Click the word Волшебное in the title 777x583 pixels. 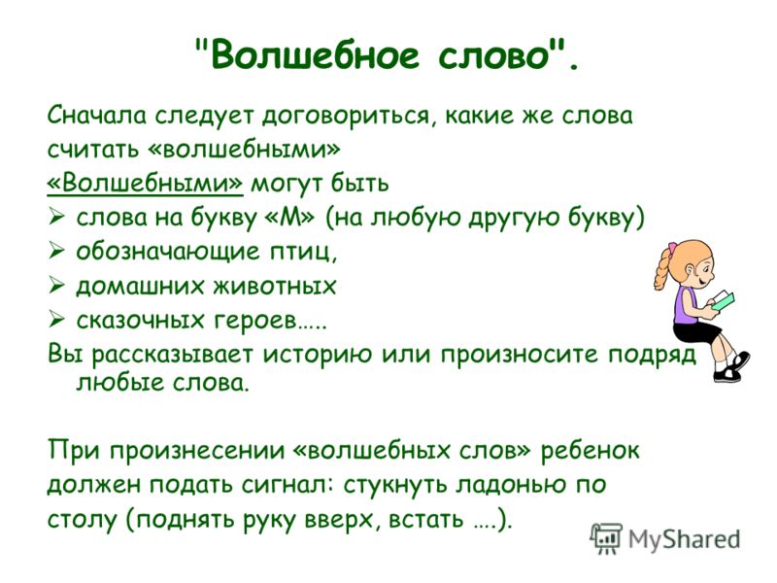click(315, 54)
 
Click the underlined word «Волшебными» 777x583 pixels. click(145, 183)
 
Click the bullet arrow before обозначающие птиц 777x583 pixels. click(56, 252)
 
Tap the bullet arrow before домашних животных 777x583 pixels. click(56, 286)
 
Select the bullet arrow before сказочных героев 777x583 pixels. click(56, 320)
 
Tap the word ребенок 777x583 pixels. click(590, 451)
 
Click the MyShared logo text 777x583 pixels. click(685, 538)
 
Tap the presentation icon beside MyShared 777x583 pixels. click(606, 537)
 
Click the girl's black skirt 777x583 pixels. click(696, 332)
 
